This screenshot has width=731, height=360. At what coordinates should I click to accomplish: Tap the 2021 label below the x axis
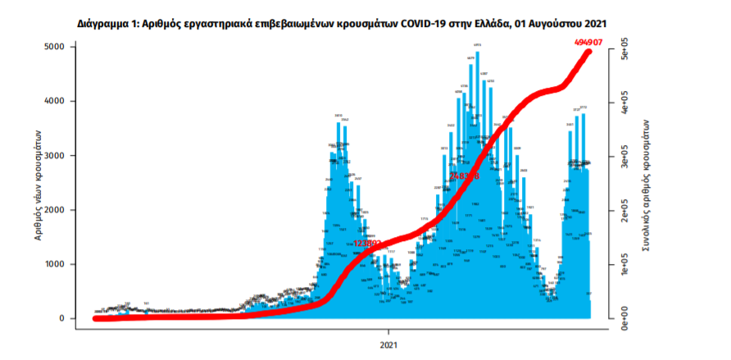[391, 343]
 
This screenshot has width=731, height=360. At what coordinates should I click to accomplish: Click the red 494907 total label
[587, 41]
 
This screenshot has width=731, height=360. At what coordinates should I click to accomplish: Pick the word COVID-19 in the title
[427, 25]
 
